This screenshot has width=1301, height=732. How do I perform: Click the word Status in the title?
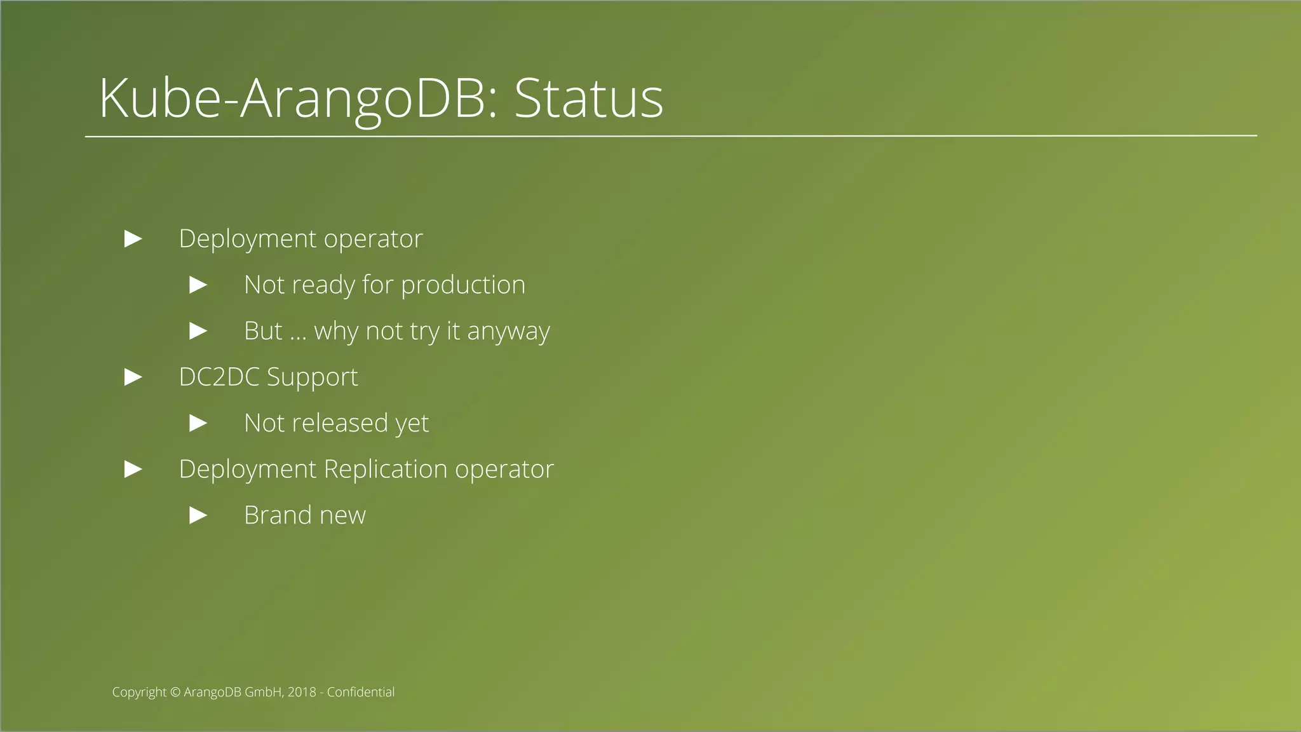coord(588,98)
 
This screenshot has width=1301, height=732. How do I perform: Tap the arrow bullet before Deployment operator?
coord(133,239)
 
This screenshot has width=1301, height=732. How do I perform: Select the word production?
coord(463,285)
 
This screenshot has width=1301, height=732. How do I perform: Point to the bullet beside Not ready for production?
coord(199,285)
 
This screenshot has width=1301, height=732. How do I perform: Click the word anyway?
coord(508,332)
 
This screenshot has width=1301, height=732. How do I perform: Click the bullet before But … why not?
coord(199,331)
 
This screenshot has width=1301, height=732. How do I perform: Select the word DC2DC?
coord(219,377)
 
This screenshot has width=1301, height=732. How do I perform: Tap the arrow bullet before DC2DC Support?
coord(133,377)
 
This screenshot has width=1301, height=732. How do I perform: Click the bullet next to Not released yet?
coord(199,423)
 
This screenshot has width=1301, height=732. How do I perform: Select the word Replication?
coord(386,470)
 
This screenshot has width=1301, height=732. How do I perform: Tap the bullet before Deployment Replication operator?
coord(133,470)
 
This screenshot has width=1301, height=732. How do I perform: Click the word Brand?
coord(278,515)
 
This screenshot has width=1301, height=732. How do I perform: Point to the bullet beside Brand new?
coord(199,515)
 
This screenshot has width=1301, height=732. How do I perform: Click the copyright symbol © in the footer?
coord(175,693)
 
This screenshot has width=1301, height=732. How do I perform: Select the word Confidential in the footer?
coord(360,692)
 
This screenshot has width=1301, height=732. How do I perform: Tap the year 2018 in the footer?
coord(302,692)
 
